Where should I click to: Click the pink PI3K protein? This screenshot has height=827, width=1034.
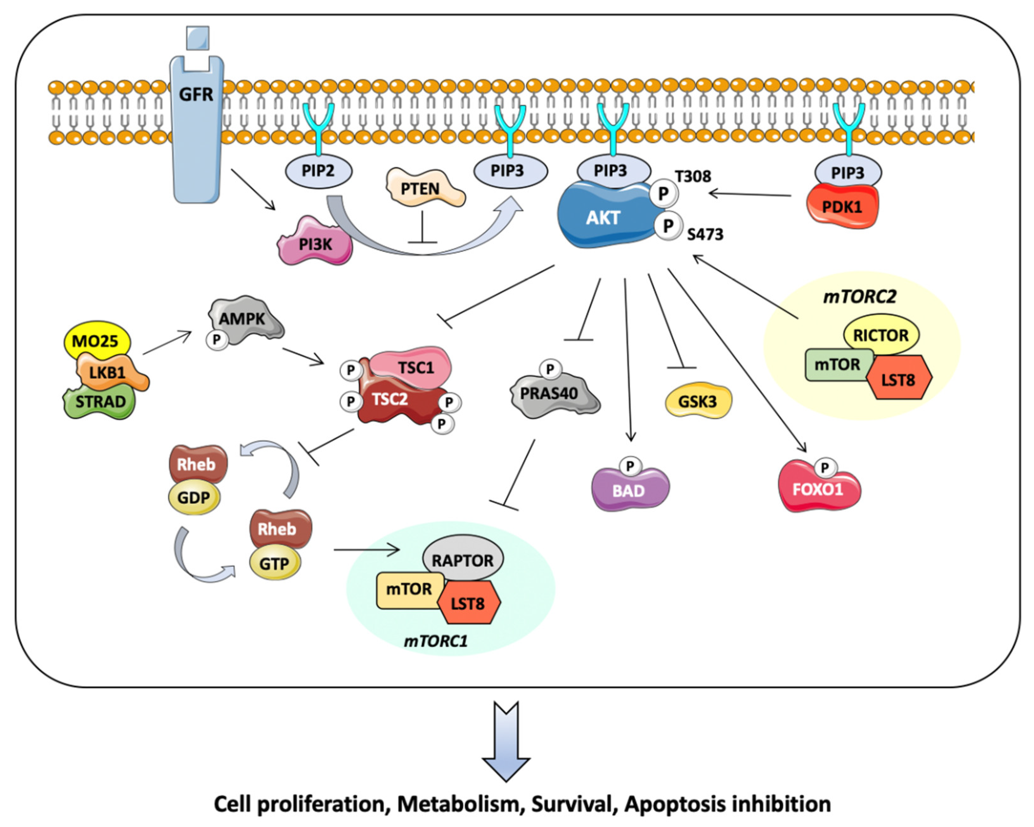(315, 244)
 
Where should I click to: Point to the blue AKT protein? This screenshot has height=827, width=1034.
(603, 218)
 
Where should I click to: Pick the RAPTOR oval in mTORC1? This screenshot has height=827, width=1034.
(462, 560)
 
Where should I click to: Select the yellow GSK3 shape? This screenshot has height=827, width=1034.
(698, 401)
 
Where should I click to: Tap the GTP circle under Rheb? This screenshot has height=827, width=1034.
(274, 564)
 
